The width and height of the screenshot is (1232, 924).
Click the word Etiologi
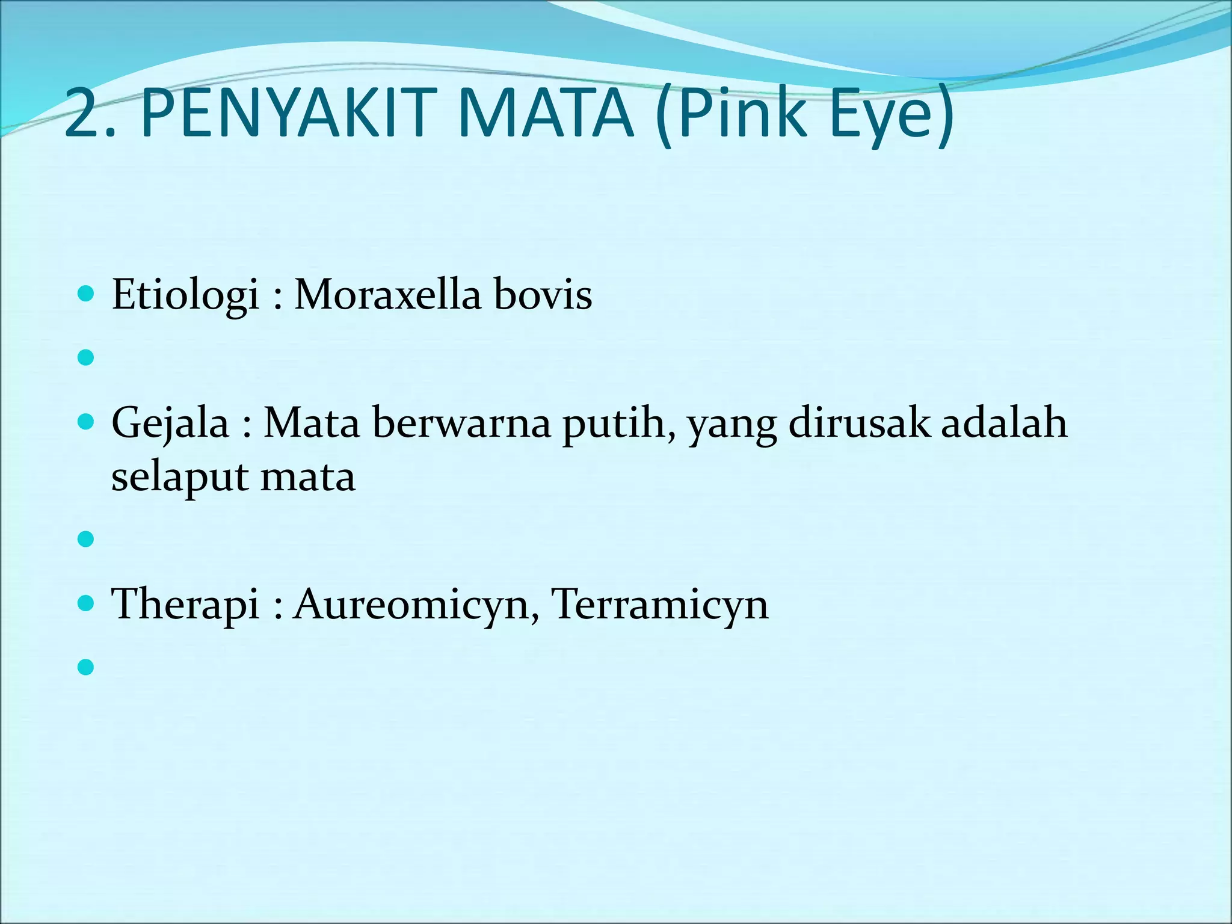(185, 295)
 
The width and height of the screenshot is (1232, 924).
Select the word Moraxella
(387, 295)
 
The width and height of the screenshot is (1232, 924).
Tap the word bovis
(543, 295)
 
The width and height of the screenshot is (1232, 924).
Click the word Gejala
(170, 423)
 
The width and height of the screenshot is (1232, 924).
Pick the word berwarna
(461, 423)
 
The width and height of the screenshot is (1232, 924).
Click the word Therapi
(185, 604)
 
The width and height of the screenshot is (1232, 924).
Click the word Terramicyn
(659, 604)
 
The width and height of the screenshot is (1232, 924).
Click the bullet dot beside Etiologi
(87, 294)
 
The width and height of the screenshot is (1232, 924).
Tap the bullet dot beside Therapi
(87, 603)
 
